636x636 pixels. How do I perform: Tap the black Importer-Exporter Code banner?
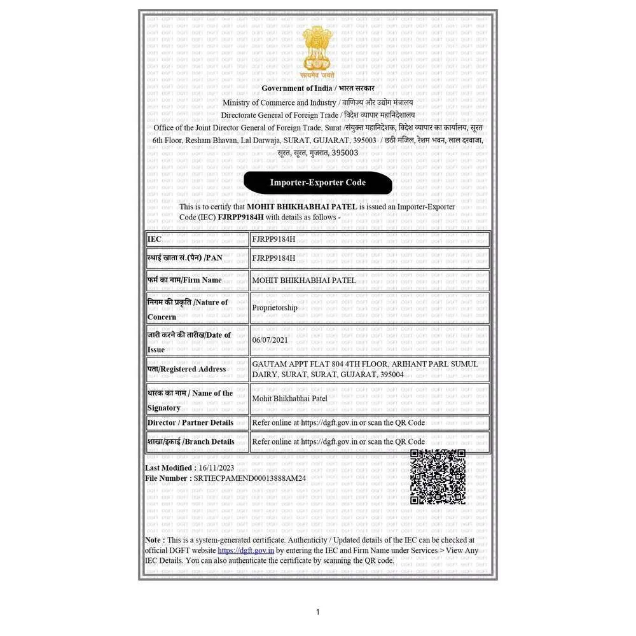(x=317, y=183)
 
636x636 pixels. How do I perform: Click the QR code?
(x=438, y=476)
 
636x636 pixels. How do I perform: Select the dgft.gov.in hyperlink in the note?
(x=246, y=550)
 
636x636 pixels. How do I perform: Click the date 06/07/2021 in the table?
(x=270, y=340)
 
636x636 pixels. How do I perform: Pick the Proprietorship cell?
(x=275, y=308)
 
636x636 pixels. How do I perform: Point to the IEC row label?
(x=155, y=239)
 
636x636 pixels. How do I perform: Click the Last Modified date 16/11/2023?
(x=216, y=468)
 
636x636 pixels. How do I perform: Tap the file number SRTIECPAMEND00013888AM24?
(x=250, y=478)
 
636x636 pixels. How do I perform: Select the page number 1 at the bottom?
(x=318, y=612)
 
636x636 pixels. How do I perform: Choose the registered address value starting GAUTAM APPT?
(x=364, y=369)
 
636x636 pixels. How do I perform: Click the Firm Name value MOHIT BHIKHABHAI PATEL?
(x=304, y=280)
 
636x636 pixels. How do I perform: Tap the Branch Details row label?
(x=191, y=441)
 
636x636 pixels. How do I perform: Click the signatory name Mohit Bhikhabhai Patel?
(x=289, y=399)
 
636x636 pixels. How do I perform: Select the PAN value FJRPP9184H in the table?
(x=273, y=258)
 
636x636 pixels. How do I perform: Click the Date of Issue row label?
(x=189, y=342)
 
